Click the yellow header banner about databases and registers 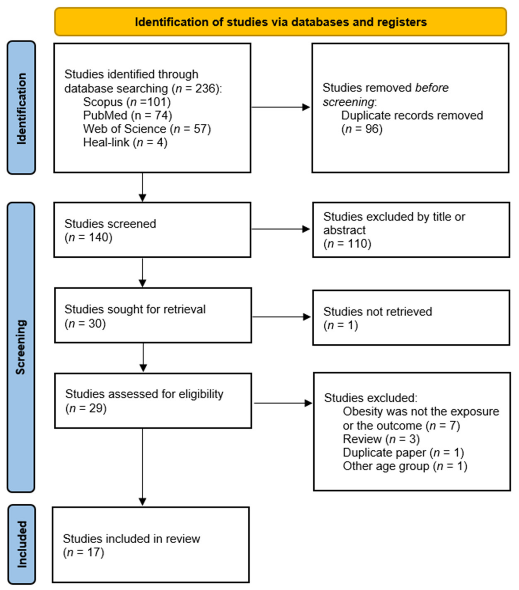click(280, 22)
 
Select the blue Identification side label click(21, 108)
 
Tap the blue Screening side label click(21, 347)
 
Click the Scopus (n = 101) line click(127, 102)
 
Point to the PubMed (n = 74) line click(127, 115)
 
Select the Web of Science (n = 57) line click(147, 129)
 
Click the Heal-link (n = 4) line click(125, 142)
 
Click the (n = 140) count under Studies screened click(88, 237)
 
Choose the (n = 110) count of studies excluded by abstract click(347, 244)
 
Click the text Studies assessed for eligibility click(144, 394)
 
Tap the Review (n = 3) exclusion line click(381, 439)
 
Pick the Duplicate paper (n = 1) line click(403, 452)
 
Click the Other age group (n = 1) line click(405, 466)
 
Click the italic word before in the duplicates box click(432, 88)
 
